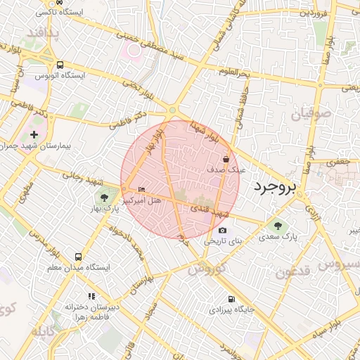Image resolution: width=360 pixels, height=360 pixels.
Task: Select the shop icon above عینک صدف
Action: [226, 159]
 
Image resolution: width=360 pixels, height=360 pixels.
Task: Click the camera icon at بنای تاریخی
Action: [223, 230]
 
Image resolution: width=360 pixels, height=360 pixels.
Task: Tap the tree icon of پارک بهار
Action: [104, 198]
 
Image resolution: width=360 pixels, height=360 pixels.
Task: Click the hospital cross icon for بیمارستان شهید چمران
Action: [34, 134]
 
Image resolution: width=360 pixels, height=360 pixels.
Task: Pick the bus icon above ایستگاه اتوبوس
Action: [60, 63]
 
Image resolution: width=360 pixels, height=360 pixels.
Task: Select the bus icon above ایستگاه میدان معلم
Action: [77, 257]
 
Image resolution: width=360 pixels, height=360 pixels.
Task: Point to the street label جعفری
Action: [340, 162]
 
